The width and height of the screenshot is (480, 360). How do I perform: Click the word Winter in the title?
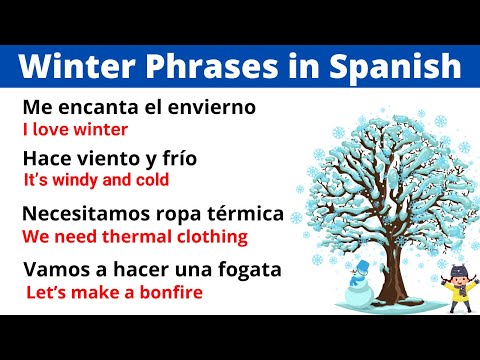click(x=71, y=67)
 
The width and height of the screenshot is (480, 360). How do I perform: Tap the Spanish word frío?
click(x=178, y=157)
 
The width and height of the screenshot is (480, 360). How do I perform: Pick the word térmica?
click(x=244, y=216)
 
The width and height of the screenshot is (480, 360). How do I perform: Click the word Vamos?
click(x=50, y=269)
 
